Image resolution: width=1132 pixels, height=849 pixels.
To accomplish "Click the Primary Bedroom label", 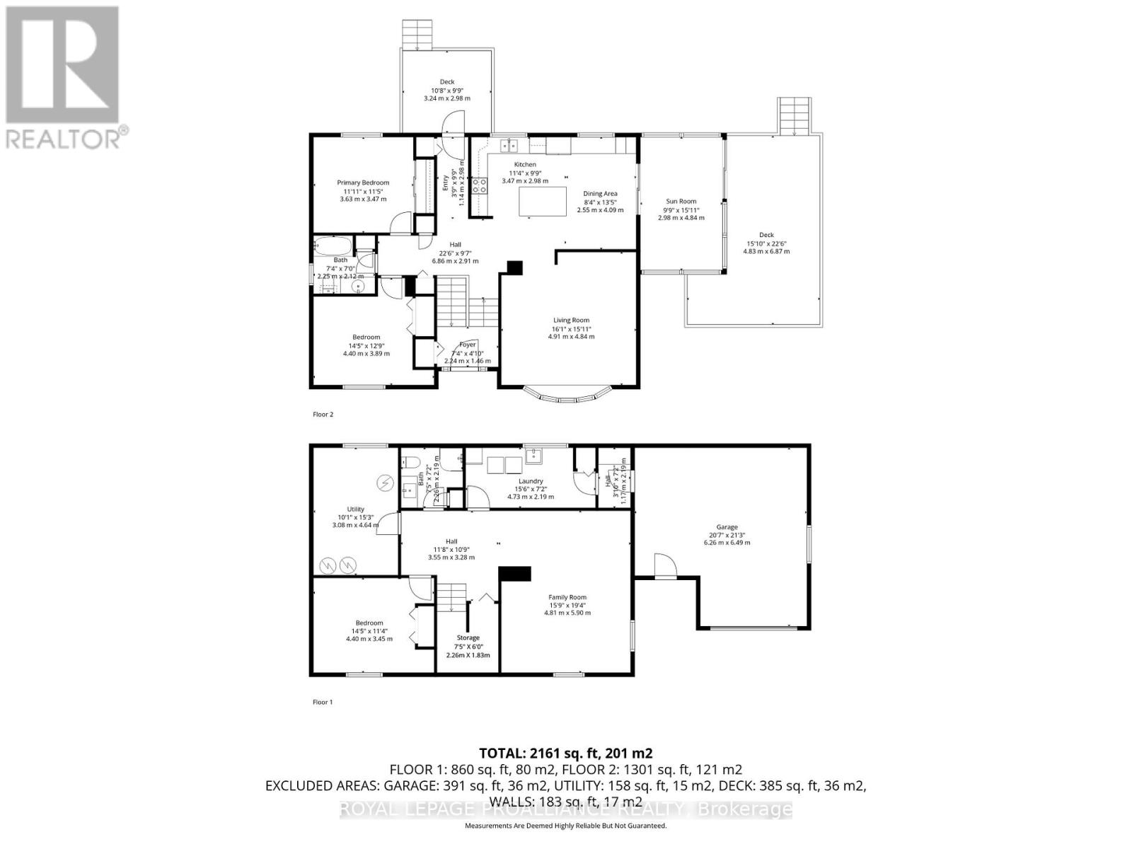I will click(363, 183).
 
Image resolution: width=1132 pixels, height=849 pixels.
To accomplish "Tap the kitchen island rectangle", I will click(543, 201).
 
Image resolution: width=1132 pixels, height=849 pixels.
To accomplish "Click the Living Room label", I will click(571, 320).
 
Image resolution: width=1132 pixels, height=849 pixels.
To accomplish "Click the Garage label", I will click(727, 526).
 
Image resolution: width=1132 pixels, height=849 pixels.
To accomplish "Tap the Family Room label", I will click(567, 597).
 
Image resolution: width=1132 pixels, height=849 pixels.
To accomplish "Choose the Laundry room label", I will click(531, 481).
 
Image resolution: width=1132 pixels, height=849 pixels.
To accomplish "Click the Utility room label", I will click(355, 509).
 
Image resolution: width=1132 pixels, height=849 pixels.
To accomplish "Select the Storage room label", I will click(468, 637).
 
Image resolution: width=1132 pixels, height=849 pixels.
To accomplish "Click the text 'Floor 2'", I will click(323, 415).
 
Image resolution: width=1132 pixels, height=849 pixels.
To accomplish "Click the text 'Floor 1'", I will click(323, 702).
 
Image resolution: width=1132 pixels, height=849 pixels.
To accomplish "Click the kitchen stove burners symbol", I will click(479, 185).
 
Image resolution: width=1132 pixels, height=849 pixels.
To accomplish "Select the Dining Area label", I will click(600, 193).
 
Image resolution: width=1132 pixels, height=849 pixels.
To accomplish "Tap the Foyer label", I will click(468, 345).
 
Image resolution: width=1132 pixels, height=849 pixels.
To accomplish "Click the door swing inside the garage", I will click(664, 567).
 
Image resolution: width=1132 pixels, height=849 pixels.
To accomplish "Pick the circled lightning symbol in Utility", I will click(386, 483).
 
